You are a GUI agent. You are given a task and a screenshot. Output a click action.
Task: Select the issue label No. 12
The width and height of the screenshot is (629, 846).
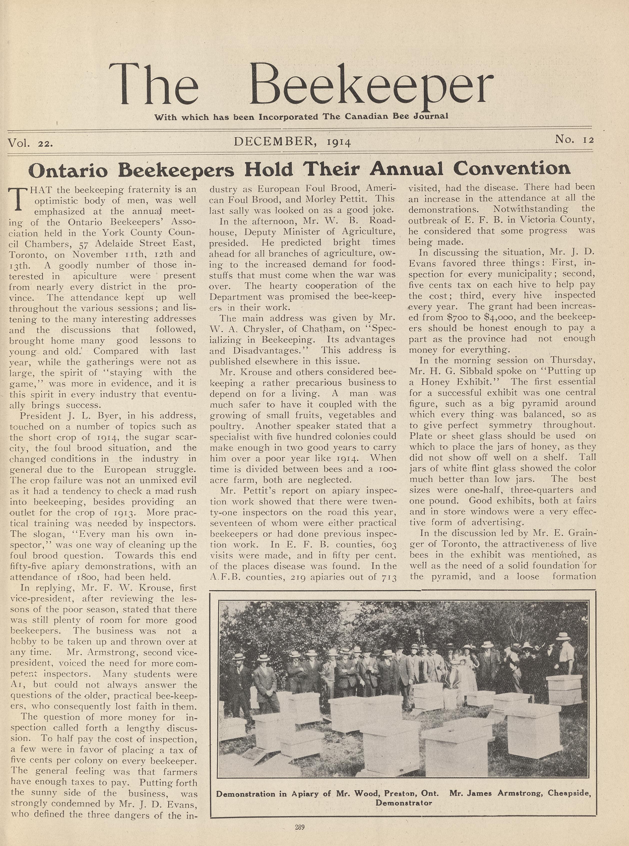coord(574,140)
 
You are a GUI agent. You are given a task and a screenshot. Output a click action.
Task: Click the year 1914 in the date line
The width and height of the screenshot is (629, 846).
coord(338,142)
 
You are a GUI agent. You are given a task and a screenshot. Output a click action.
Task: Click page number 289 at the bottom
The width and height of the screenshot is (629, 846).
coord(300,827)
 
